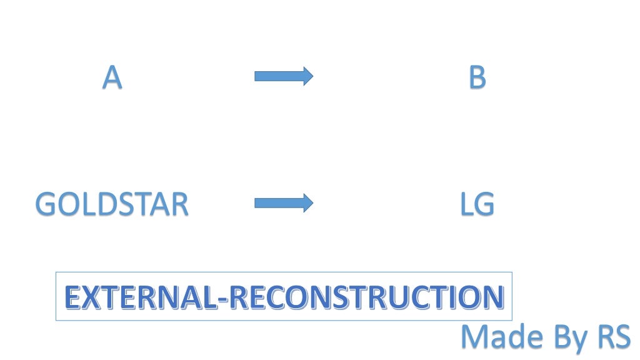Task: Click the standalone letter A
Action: tap(112, 78)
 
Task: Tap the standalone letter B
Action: tap(477, 78)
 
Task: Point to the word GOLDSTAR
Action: tap(112, 204)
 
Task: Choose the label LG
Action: tap(477, 204)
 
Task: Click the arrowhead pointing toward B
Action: tap(307, 76)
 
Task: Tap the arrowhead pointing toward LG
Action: tap(307, 202)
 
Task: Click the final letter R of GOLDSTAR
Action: tap(179, 204)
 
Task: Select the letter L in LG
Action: tap(466, 204)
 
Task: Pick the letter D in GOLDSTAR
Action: tap(99, 204)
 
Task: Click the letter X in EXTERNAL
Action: tap(90, 297)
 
